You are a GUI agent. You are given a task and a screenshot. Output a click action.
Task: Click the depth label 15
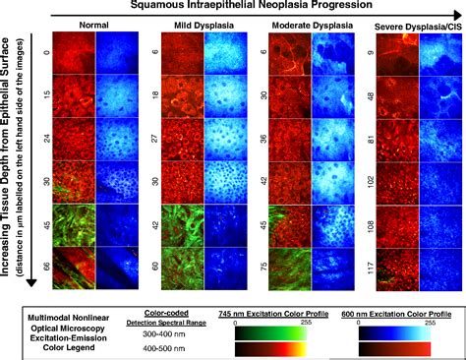click(46, 97)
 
